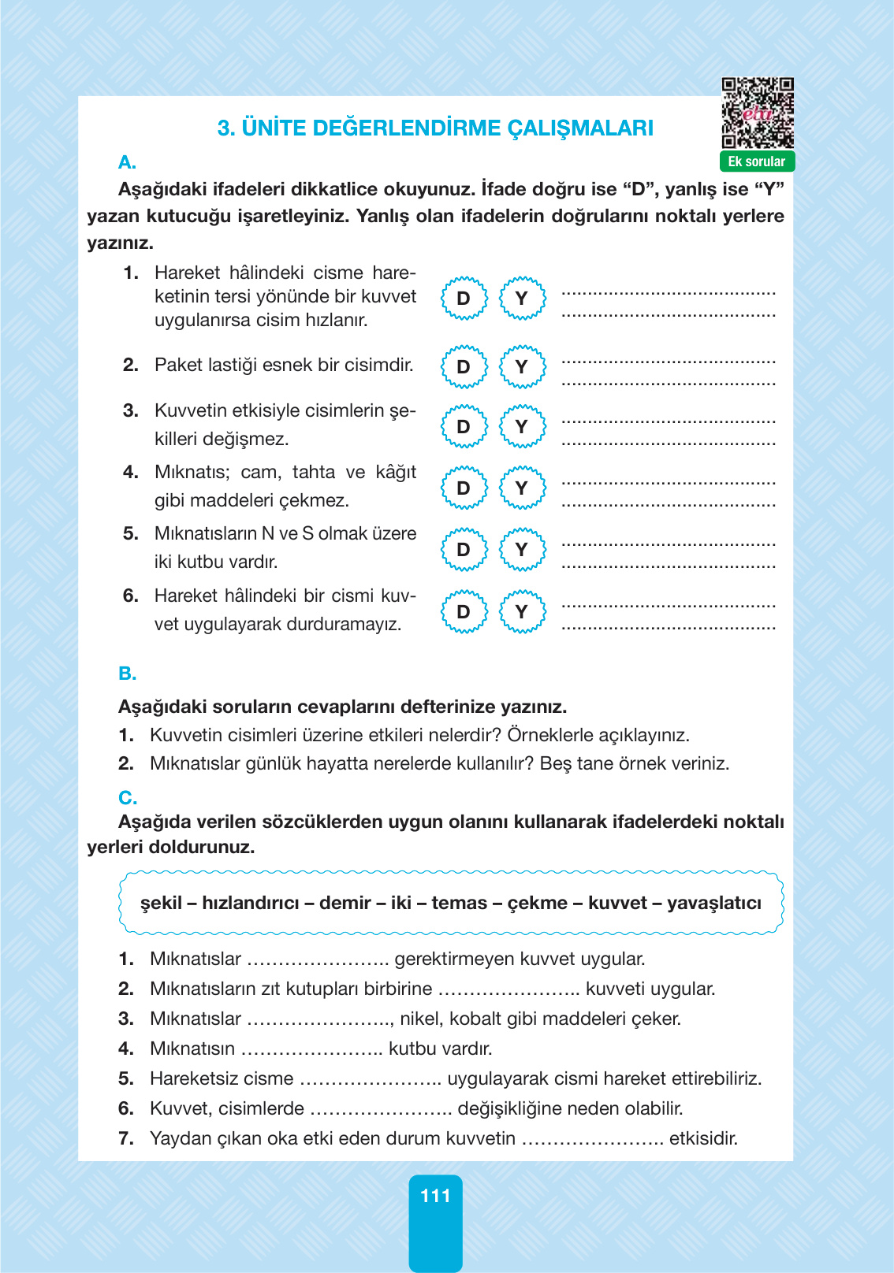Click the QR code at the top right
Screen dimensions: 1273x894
[x=758, y=113]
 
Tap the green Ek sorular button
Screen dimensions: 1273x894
[x=757, y=161]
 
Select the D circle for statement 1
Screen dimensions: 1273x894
[x=464, y=299]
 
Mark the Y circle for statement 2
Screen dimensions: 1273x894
[x=521, y=367]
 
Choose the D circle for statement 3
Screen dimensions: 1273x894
[x=464, y=427]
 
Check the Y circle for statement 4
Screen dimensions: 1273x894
[x=521, y=488]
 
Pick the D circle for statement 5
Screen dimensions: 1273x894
[x=464, y=550]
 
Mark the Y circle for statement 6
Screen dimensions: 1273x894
[x=521, y=612]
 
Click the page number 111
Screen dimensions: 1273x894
[x=435, y=1196]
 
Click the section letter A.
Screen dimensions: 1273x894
[x=127, y=163]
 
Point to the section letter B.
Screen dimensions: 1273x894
[x=127, y=674]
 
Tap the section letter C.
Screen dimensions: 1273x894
[x=127, y=798]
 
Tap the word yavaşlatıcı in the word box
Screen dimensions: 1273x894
[x=713, y=903]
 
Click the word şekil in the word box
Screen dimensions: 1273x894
[x=161, y=903]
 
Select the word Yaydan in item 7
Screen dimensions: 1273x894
[x=181, y=1138]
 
